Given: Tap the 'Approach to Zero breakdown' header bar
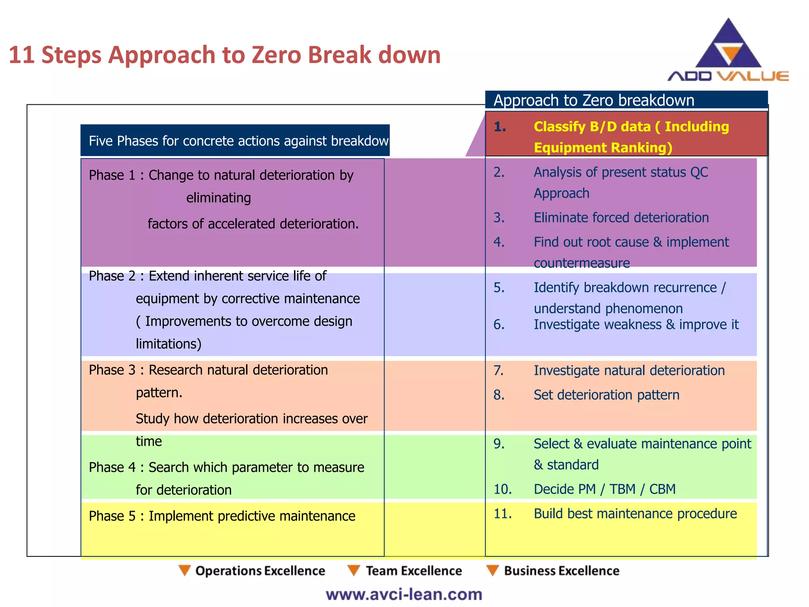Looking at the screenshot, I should (626, 100).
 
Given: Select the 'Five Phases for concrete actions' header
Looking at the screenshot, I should (235, 141).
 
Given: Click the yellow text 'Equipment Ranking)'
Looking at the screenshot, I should (603, 148).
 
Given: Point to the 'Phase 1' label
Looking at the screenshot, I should (112, 175).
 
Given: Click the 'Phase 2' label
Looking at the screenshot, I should (112, 276).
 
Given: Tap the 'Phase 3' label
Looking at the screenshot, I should (112, 370).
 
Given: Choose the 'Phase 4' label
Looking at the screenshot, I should (112, 468).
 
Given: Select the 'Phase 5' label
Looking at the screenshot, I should (112, 516).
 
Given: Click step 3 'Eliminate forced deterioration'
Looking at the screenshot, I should (621, 218).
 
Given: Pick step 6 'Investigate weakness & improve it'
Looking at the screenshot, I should (636, 324).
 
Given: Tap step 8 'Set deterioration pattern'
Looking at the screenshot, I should (606, 395).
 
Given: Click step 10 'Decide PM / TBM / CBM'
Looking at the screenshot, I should (604, 489).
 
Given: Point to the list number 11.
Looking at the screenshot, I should (502, 514).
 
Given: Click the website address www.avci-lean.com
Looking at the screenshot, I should (404, 594).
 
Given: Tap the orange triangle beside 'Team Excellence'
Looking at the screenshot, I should (353, 570).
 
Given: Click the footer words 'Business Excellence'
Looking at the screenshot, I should (561, 571).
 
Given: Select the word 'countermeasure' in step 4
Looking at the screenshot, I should (581, 263).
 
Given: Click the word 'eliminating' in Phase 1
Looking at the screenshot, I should (218, 198).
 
